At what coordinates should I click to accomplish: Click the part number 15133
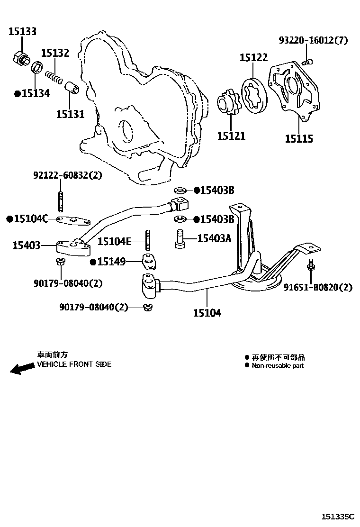(x=22, y=32)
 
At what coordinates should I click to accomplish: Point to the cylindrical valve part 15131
(x=72, y=88)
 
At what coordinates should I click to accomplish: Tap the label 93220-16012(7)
(x=313, y=40)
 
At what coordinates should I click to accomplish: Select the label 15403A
(x=214, y=238)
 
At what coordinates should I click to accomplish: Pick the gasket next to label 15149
(x=149, y=262)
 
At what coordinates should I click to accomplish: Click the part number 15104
(x=207, y=313)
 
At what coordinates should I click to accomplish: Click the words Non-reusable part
(x=278, y=365)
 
